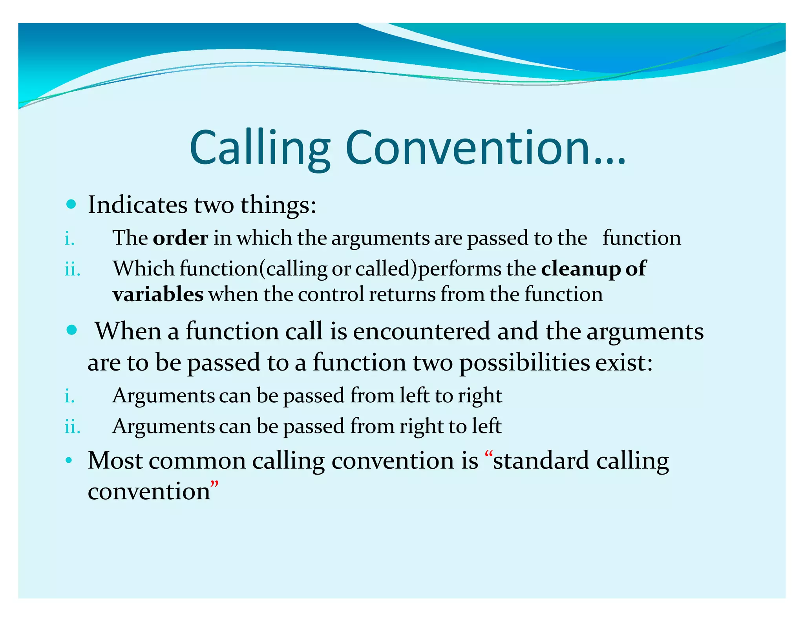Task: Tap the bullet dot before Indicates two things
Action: pyautogui.click(x=71, y=204)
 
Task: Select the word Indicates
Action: pyautogui.click(x=137, y=205)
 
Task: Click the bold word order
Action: pyautogui.click(x=180, y=238)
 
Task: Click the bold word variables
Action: pyautogui.click(x=158, y=294)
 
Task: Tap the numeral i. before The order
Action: pyautogui.click(x=69, y=238)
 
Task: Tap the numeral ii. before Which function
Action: pyautogui.click(x=72, y=270)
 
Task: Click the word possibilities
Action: pyautogui.click(x=524, y=363)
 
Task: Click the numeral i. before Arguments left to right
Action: pyautogui.click(x=69, y=396)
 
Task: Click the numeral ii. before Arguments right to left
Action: pyautogui.click(x=72, y=427)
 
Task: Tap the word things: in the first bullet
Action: pyautogui.click(x=278, y=205)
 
